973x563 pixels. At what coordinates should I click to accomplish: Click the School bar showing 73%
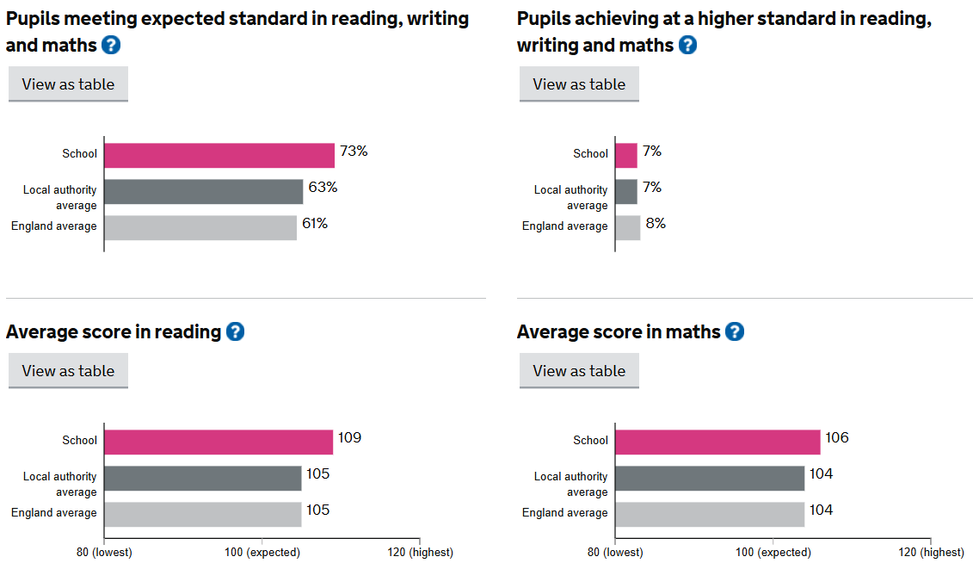pyautogui.click(x=219, y=155)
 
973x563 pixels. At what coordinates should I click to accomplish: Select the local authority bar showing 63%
pyautogui.click(x=204, y=191)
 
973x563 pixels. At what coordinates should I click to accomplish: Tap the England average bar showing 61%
pyautogui.click(x=200, y=227)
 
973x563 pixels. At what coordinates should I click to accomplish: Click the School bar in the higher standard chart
pyautogui.click(x=626, y=155)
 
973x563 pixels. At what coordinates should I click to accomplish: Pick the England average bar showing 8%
pyautogui.click(x=628, y=227)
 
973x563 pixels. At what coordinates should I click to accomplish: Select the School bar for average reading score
pyautogui.click(x=219, y=442)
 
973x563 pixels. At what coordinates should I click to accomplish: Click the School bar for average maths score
pyautogui.click(x=718, y=442)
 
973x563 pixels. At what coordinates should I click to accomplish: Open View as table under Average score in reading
pyautogui.click(x=68, y=371)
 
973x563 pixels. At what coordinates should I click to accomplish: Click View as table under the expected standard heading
pyautogui.click(x=68, y=84)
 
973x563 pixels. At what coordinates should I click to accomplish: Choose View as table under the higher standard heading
pyautogui.click(x=579, y=84)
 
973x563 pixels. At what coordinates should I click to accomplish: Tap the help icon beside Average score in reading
pyautogui.click(x=235, y=331)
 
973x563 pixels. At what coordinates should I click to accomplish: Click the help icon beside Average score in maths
pyautogui.click(x=734, y=331)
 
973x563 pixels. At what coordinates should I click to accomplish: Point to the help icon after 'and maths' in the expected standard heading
pyautogui.click(x=111, y=45)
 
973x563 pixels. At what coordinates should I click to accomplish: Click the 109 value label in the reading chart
pyautogui.click(x=349, y=437)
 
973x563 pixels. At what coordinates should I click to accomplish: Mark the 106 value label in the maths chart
pyautogui.click(x=837, y=437)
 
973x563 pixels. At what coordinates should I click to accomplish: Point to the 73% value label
pyautogui.click(x=354, y=151)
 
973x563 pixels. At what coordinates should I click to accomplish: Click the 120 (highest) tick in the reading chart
pyautogui.click(x=419, y=552)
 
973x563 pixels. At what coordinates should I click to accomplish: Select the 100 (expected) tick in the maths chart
pyautogui.click(x=773, y=552)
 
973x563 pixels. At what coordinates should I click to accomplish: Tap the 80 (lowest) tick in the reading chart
pyautogui.click(x=104, y=552)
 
